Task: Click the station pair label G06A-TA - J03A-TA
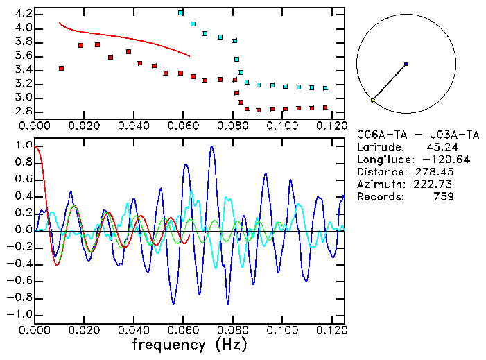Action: point(418,135)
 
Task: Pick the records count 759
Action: point(442,197)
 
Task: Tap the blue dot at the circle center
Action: point(406,64)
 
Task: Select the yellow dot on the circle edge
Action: point(372,101)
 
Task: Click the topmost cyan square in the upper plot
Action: point(181,12)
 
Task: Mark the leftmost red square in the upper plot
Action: point(62,68)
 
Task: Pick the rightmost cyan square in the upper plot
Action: point(325,88)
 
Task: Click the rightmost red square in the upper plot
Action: point(325,108)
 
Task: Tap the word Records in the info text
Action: point(379,197)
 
